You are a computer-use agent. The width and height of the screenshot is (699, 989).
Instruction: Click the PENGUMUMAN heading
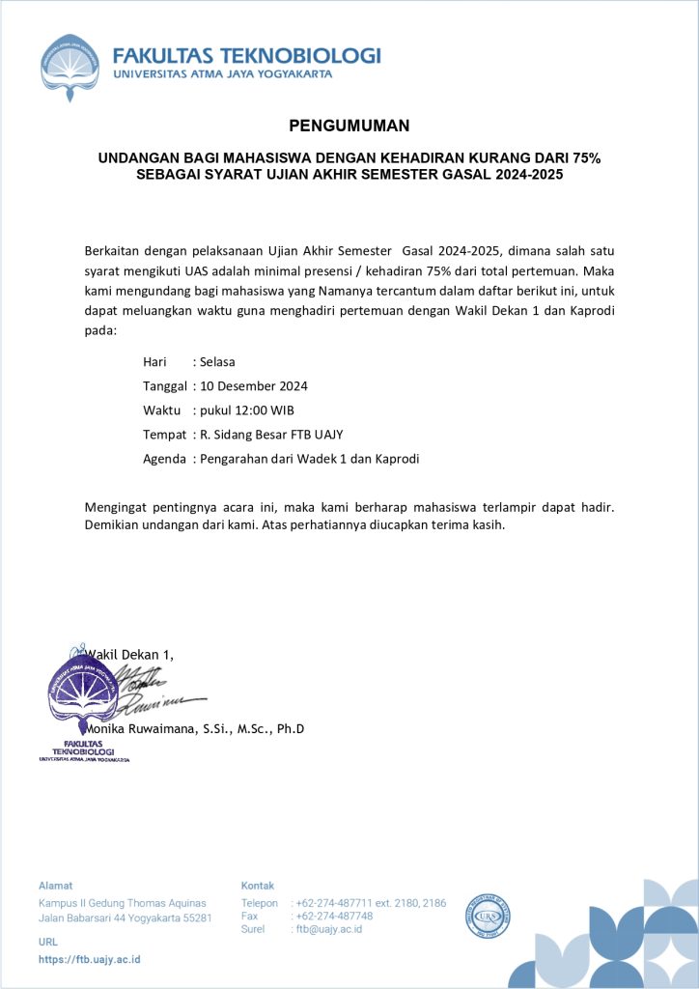(x=349, y=126)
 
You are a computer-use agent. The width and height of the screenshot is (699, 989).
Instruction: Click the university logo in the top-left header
(x=70, y=67)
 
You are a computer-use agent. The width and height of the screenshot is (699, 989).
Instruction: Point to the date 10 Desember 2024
(x=254, y=385)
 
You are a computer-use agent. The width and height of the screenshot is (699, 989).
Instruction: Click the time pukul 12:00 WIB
(x=246, y=410)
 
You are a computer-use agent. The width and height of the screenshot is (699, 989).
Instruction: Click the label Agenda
(x=164, y=458)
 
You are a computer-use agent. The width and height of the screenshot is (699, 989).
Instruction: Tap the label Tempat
(x=164, y=434)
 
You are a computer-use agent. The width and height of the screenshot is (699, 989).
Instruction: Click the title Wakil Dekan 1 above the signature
(x=130, y=654)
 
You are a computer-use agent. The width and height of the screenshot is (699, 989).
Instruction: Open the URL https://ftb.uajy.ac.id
(x=90, y=959)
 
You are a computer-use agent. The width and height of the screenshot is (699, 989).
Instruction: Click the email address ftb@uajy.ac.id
(x=329, y=929)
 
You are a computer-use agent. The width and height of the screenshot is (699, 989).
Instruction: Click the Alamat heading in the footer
(x=55, y=885)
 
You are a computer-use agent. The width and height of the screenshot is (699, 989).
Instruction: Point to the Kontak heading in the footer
(x=257, y=885)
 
